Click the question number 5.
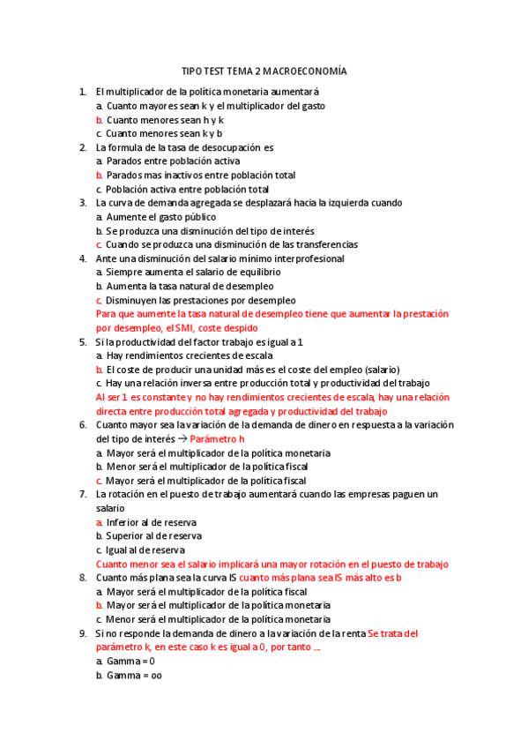(x=82, y=341)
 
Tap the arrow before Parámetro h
(x=182, y=438)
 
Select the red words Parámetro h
(x=217, y=438)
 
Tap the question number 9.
(x=82, y=633)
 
